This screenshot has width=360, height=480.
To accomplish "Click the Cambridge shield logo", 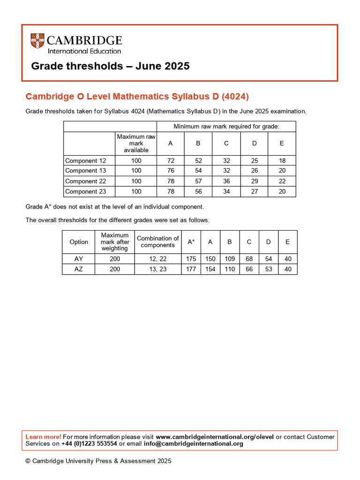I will click(x=37, y=41).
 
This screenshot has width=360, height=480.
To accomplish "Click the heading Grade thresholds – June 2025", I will click(x=110, y=66).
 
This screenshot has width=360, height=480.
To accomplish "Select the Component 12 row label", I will click(x=86, y=161).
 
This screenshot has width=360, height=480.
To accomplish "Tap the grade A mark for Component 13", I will click(x=171, y=171).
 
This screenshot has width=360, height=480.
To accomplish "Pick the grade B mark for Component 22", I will click(x=198, y=181).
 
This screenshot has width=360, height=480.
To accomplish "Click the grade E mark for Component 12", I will click(x=282, y=161).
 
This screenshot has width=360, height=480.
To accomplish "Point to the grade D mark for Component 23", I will click(x=255, y=191).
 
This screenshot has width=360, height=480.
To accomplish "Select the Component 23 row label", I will click(x=86, y=191).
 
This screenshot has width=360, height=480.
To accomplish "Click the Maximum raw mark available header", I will click(x=136, y=143).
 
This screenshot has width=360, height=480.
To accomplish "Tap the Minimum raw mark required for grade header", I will click(x=226, y=127).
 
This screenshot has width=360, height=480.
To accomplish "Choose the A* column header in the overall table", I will click(x=191, y=242).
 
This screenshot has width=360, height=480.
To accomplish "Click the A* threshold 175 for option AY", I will click(x=191, y=259).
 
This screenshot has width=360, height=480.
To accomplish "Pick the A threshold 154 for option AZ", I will click(x=210, y=269).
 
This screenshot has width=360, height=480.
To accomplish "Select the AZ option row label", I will click(x=78, y=269).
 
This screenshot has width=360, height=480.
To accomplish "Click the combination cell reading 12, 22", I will click(x=157, y=259).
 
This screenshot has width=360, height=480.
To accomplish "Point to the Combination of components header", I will click(x=157, y=242).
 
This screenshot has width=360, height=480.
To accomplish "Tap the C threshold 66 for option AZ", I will click(x=249, y=269).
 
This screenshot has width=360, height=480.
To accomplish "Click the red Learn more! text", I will click(x=43, y=437).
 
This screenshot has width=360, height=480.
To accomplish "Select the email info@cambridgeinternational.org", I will click(x=193, y=443).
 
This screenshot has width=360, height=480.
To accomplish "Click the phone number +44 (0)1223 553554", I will click(x=89, y=443).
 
